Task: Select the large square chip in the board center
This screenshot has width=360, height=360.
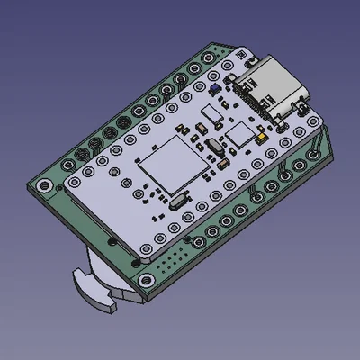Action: point(167,170)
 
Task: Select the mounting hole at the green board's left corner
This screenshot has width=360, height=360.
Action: point(41,186)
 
